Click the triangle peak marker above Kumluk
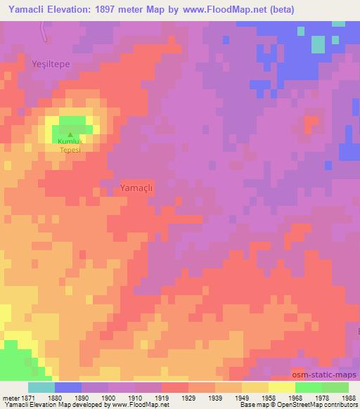(70, 134)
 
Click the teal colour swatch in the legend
(41, 387)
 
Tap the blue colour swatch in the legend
(68, 387)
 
